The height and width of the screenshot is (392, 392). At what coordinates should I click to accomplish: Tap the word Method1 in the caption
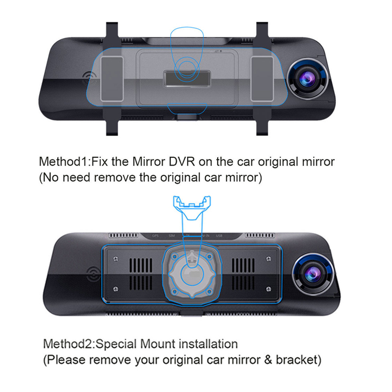coord(64,162)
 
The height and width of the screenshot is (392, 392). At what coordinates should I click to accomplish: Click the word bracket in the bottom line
coord(297,360)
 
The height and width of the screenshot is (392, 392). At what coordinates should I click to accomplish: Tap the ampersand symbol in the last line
coord(268,360)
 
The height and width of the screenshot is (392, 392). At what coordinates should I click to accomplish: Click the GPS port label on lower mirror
coord(156,236)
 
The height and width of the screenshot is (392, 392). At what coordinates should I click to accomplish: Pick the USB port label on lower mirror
coord(219,236)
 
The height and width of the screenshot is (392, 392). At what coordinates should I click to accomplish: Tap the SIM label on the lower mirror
coord(171,236)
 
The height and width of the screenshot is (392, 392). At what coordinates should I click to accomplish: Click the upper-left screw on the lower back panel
coord(115,259)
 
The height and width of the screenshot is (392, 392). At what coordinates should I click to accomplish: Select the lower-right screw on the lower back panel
coord(268,289)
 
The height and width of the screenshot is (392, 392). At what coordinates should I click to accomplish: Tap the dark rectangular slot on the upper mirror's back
coord(187,79)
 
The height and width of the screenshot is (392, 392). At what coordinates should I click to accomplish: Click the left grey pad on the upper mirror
coord(112,79)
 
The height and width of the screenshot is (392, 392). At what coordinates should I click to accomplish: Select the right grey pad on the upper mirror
coord(262,79)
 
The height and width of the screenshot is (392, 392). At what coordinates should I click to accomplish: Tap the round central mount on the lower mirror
coord(192,274)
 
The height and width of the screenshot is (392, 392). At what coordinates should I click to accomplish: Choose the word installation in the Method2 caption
coord(209,344)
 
